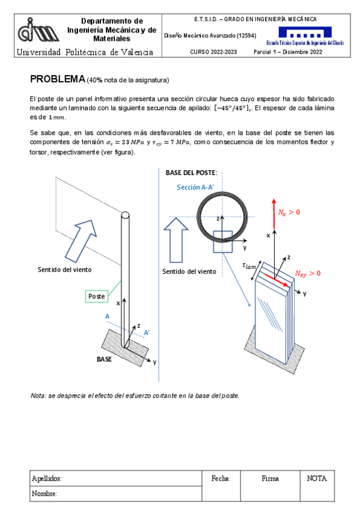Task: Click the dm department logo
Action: [38, 30]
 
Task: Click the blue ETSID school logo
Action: [305, 35]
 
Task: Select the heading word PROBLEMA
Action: [58, 79]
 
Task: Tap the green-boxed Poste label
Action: [97, 296]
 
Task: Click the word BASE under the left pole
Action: [104, 359]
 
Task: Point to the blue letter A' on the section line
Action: [147, 333]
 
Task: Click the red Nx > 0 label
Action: [289, 212]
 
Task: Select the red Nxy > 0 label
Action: [308, 274]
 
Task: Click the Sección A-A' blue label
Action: [195, 187]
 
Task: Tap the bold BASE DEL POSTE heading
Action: [191, 173]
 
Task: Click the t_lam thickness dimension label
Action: [249, 266]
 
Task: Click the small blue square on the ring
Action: [223, 242]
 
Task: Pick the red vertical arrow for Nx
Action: [274, 214]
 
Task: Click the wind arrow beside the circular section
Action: [175, 240]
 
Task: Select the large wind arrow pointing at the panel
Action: [81, 241]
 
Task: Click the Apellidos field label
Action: [47, 479]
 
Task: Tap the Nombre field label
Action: [44, 493]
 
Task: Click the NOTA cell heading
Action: [317, 478]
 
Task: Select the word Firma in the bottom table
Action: [270, 478]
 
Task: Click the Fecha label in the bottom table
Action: [221, 478]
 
